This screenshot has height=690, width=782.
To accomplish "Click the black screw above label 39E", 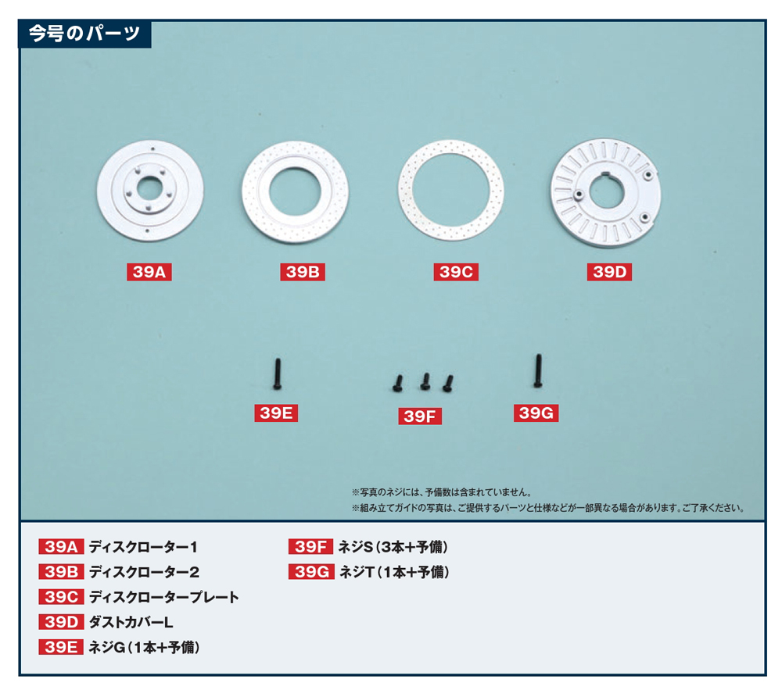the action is (278, 374).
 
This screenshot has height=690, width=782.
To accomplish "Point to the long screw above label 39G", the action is (538, 370).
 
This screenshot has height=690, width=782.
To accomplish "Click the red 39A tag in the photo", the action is (149, 272).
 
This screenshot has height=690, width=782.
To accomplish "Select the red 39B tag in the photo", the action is (302, 272).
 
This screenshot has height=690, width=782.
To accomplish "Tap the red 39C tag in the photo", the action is (456, 272).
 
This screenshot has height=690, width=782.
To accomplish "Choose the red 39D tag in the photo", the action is (609, 272).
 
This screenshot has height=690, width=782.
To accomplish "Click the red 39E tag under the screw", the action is (276, 413).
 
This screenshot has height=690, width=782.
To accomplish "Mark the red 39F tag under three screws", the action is (420, 416).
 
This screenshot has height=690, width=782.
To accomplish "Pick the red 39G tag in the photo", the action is (536, 413).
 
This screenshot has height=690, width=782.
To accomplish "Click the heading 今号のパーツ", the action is (84, 34).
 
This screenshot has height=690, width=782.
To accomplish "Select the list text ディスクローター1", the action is (143, 547).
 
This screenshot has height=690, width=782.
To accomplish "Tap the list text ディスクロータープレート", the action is (164, 597).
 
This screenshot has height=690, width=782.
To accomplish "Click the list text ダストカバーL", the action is (131, 622).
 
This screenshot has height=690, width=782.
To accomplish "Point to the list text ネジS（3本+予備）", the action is (393, 547).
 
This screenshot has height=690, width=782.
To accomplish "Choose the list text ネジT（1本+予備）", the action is (394, 572).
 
